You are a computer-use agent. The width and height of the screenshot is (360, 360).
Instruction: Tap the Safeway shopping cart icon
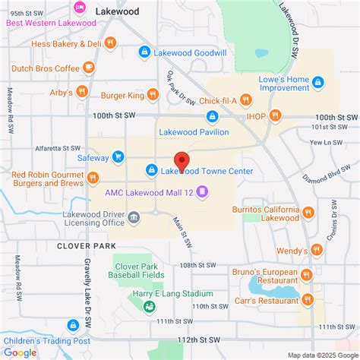click(118, 157)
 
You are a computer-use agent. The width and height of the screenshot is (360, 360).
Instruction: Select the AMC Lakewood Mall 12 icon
click(201, 191)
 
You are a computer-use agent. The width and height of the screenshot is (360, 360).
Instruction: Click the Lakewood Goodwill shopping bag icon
click(144, 52)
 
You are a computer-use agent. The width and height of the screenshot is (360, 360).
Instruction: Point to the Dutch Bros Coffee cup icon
click(89, 68)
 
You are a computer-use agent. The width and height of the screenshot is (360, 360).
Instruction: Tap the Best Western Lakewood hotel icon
click(78, 8)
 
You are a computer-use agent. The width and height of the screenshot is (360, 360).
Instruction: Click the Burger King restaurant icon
click(153, 94)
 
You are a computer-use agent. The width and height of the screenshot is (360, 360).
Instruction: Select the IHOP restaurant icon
click(274, 115)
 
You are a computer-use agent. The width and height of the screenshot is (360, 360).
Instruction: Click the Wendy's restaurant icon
click(317, 250)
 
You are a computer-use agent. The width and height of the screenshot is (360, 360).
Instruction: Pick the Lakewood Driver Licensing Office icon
click(134, 218)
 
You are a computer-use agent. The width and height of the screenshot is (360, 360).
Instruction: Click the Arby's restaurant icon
click(82, 93)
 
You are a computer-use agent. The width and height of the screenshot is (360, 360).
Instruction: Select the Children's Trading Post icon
click(73, 325)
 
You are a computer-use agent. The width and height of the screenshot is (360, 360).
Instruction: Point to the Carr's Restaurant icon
click(307, 299)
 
